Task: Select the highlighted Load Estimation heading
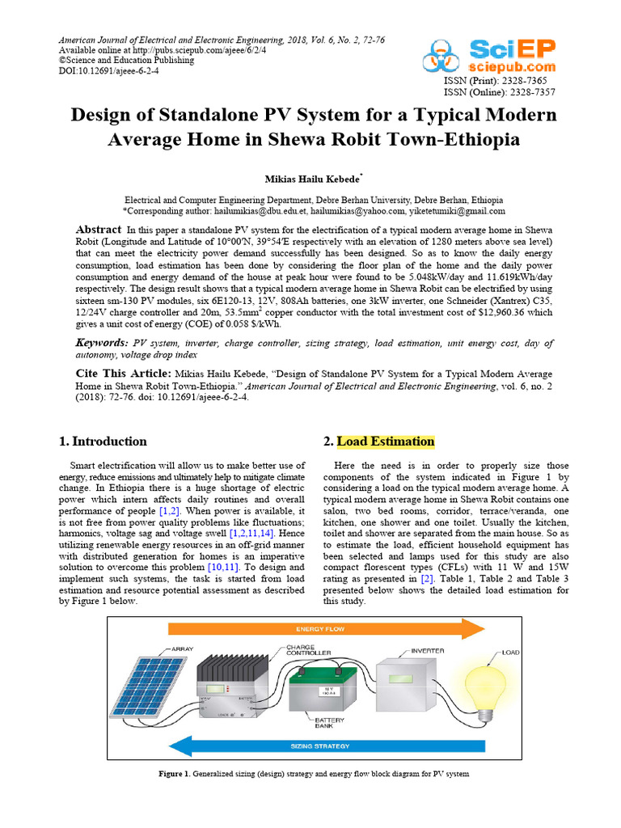coord(385,441)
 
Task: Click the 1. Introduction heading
coord(103,441)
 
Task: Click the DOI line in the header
coord(109,70)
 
